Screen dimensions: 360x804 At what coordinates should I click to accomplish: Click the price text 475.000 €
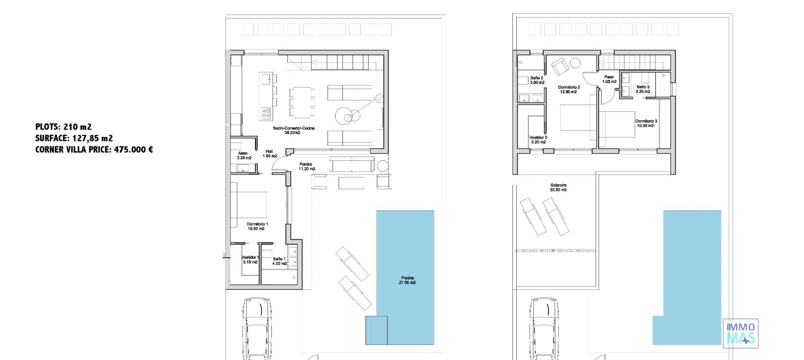tap(133, 149)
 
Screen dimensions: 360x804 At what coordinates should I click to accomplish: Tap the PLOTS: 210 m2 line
tap(63, 127)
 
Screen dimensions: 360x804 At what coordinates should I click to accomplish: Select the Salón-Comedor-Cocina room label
tap(294, 130)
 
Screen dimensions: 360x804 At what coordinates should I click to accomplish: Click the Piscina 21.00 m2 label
tap(407, 280)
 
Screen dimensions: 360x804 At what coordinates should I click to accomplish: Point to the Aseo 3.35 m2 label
tap(244, 155)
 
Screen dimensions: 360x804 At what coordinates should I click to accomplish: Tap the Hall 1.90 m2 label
tap(270, 154)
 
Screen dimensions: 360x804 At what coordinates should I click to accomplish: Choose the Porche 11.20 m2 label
tap(307, 167)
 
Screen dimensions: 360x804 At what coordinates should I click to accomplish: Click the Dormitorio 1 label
tap(257, 226)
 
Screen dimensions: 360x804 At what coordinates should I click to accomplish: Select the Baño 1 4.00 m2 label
tap(279, 261)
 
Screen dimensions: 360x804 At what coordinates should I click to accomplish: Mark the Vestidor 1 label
tap(250, 260)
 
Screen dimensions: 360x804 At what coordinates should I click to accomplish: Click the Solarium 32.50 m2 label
tap(558, 187)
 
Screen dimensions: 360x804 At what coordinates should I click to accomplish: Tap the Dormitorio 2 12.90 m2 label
tap(569, 90)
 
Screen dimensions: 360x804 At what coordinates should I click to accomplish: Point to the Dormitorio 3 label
tap(646, 123)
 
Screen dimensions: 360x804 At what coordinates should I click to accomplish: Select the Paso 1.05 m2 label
tap(609, 79)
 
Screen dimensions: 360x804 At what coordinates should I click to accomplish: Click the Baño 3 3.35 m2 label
tap(643, 89)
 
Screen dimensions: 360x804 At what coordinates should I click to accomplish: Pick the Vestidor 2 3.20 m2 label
tap(538, 139)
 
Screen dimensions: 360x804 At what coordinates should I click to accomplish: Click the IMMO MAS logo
tap(741, 333)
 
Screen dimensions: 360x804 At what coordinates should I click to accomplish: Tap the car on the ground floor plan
tap(257, 329)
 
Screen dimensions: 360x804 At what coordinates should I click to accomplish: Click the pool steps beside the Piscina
tap(376, 330)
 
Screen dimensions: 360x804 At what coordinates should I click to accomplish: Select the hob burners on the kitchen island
tap(266, 112)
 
